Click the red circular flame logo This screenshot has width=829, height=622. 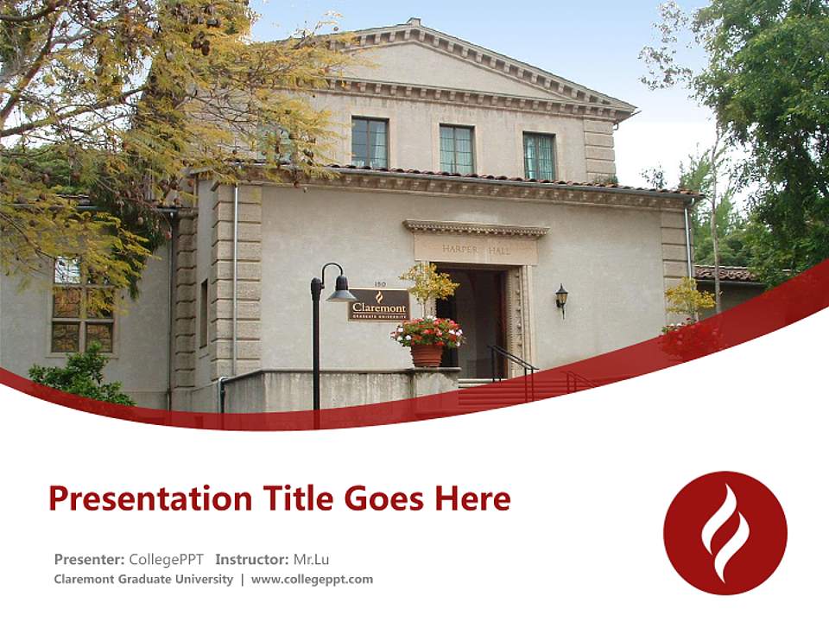(x=725, y=532)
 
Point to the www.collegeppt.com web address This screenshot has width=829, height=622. (x=312, y=580)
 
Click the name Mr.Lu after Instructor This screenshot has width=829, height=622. (x=311, y=559)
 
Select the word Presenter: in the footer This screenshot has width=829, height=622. (x=89, y=559)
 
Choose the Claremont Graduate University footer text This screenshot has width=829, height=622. (x=143, y=580)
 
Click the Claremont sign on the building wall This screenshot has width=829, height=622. (x=378, y=305)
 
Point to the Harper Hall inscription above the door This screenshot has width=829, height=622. (x=475, y=249)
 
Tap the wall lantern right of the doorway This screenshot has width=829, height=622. (x=561, y=298)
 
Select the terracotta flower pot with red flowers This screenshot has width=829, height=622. (x=427, y=352)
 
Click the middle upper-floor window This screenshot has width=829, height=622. (x=456, y=149)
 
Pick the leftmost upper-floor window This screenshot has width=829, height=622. (x=369, y=143)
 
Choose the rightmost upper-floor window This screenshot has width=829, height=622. (x=539, y=155)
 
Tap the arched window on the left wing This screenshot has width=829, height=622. (x=81, y=307)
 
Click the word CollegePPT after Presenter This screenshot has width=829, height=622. (x=166, y=559)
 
